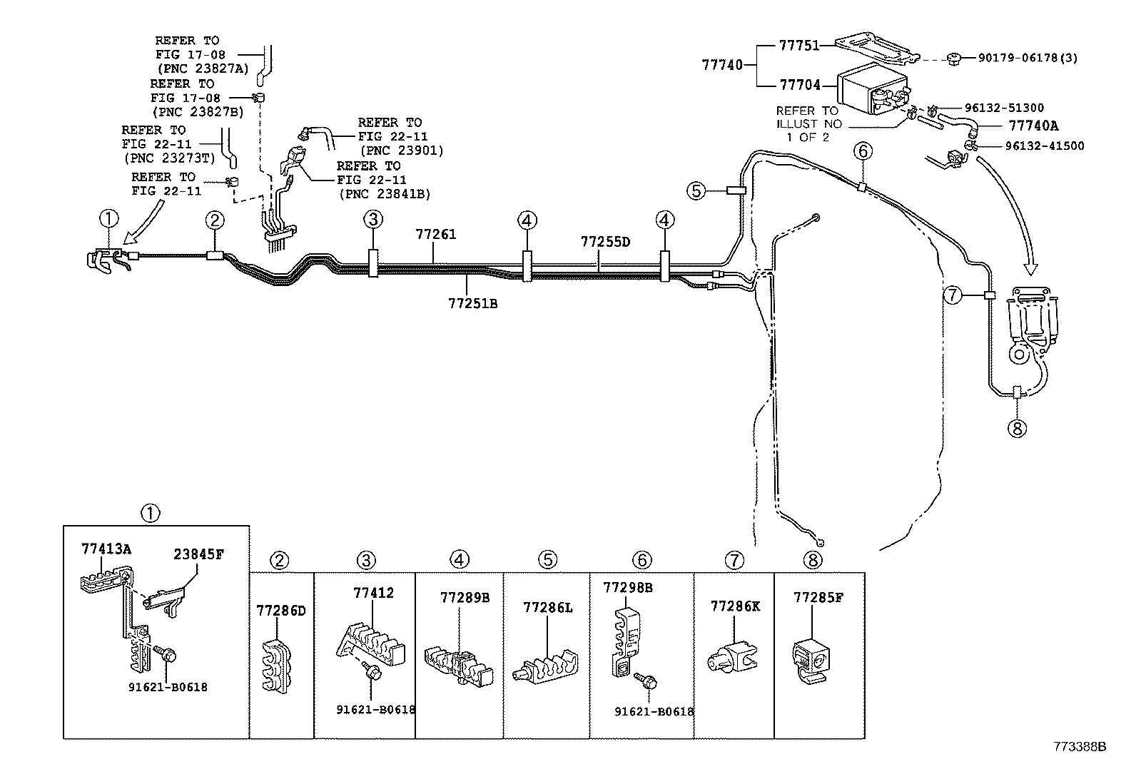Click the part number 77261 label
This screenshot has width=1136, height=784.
pyautogui.click(x=436, y=235)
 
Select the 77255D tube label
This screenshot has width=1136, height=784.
pyautogui.click(x=605, y=242)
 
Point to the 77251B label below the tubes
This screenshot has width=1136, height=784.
pyautogui.click(x=472, y=304)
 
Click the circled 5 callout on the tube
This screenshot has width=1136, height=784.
pyautogui.click(x=696, y=190)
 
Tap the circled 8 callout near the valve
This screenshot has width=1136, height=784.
pyautogui.click(x=1017, y=428)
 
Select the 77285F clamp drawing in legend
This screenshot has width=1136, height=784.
pyautogui.click(x=812, y=657)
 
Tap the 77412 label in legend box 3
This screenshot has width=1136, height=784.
pyautogui.click(x=373, y=593)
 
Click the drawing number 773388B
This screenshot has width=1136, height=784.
pyautogui.click(x=1080, y=747)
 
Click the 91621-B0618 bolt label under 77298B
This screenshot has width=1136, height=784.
pyautogui.click(x=654, y=711)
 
